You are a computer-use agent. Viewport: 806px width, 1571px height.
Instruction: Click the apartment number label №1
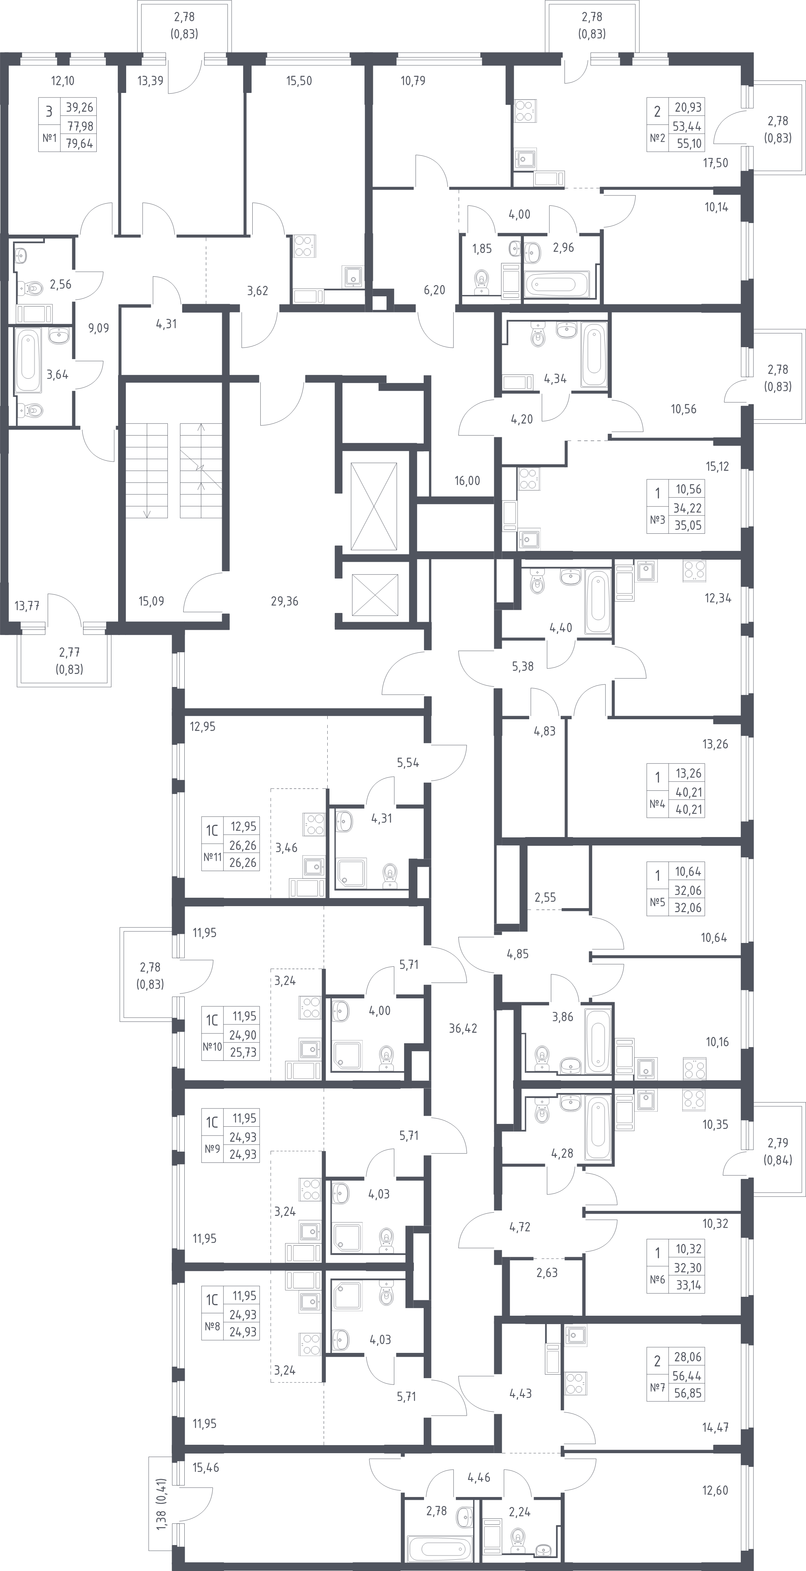coord(49,139)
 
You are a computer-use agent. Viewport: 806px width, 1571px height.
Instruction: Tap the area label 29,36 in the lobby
coord(285,601)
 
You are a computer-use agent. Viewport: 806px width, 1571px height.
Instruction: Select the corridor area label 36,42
coord(463,1028)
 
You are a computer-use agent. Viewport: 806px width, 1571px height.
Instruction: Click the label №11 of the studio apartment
coord(212,857)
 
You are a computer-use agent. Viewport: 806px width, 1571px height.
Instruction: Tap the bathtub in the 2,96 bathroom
coord(557,284)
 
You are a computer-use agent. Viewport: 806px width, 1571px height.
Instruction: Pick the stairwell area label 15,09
coord(151,601)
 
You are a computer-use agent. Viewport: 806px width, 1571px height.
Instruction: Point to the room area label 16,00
coord(467,480)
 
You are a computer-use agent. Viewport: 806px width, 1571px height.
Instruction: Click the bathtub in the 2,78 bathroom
coord(439,1550)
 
